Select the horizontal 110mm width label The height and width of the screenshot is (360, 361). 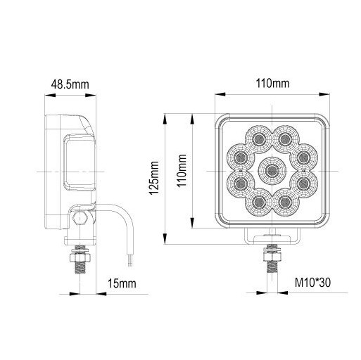coord(272,84)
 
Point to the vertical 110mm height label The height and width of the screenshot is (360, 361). coord(182,171)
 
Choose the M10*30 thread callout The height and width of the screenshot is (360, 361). coord(312,283)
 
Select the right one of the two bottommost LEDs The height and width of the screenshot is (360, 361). coord(286,202)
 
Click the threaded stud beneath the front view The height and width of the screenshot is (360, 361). coord(271,262)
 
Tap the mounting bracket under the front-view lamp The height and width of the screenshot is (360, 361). coord(272,236)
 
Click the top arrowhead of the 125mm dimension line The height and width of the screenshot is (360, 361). coord(165,114)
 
